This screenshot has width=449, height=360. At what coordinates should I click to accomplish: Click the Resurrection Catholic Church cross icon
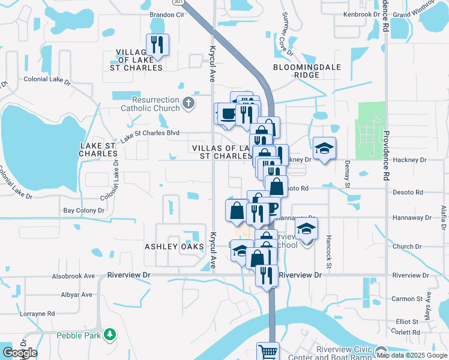pos(188,103)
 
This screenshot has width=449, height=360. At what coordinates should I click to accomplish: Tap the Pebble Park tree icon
pos(109,334)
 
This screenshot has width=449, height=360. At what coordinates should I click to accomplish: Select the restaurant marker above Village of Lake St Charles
pos(158,45)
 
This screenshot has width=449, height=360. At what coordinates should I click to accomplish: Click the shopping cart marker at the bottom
pos(268,352)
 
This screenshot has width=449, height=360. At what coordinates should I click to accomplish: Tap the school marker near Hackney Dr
pos(325,148)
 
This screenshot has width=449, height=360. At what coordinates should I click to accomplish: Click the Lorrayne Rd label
pos(37,313)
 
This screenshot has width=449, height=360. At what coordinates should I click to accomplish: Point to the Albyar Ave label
pos(76,295)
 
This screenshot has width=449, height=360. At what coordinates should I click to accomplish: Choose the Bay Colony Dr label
pos(84,211)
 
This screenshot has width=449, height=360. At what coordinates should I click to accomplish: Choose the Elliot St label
pos(407,322)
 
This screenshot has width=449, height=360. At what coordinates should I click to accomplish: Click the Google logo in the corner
pos(20,353)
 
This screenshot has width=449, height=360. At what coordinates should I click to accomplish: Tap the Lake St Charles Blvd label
pos(149,136)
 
